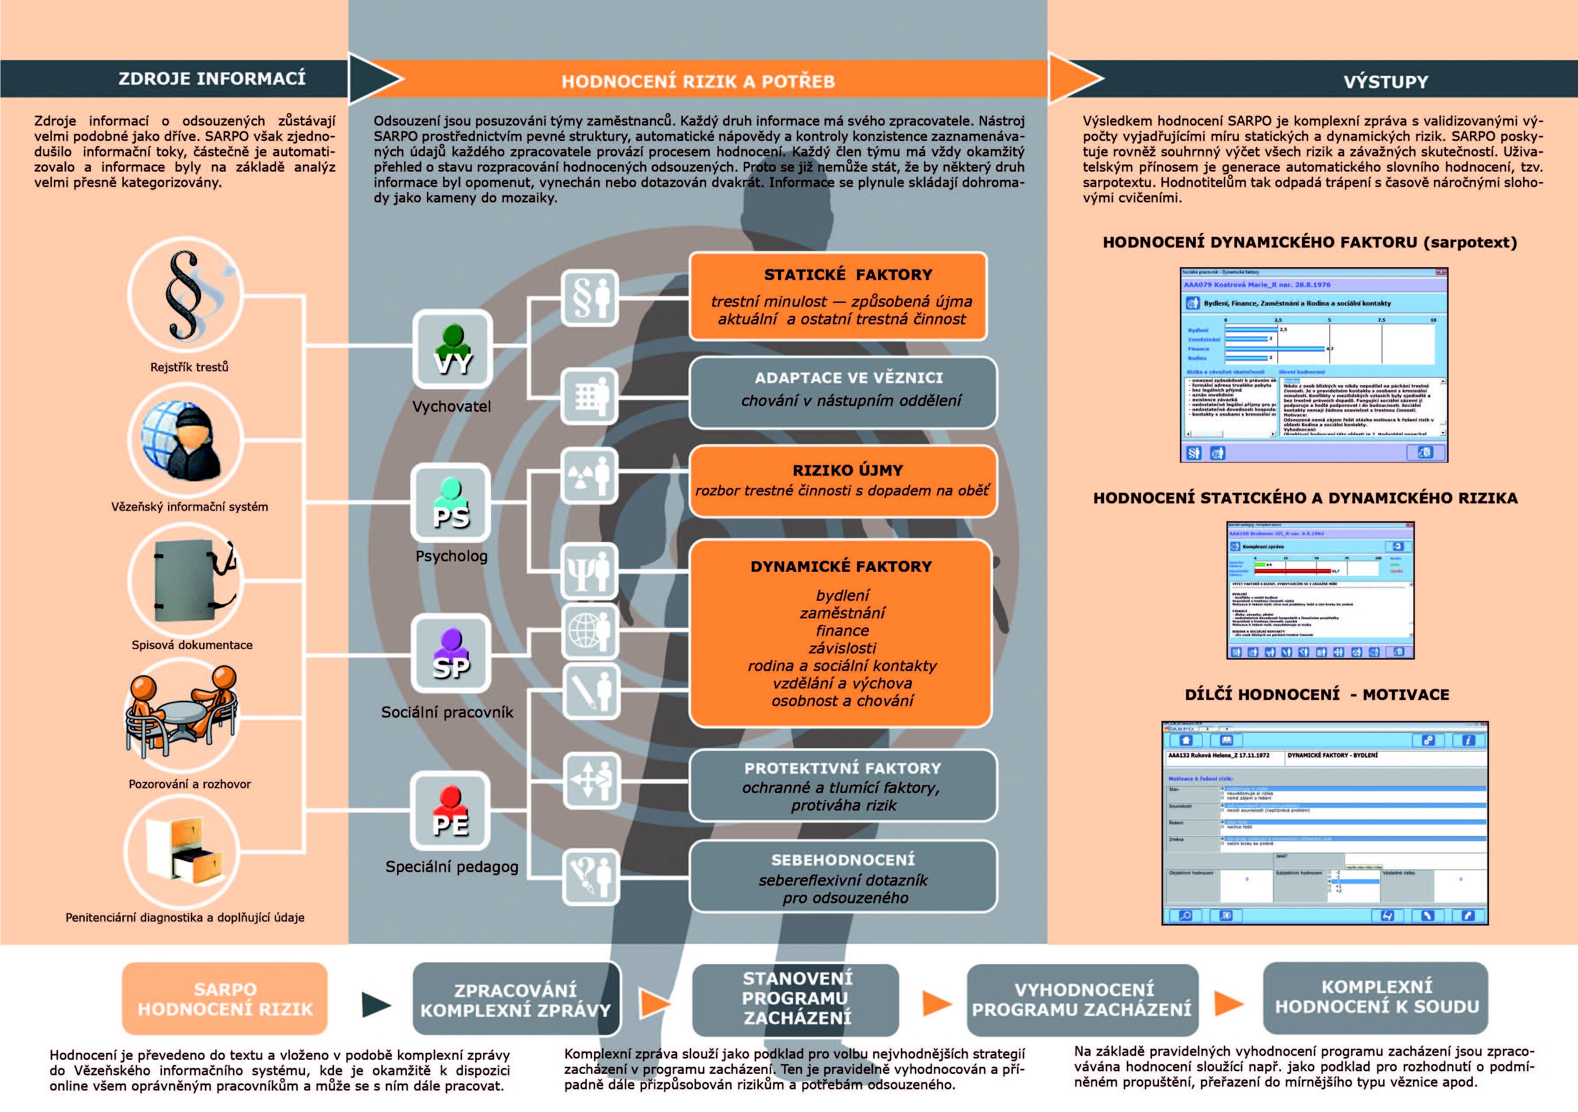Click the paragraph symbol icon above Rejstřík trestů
click(x=186, y=295)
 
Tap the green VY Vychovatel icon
click(x=452, y=349)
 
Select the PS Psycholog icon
click(x=451, y=502)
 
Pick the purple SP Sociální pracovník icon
click(x=451, y=653)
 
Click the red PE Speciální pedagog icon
click(x=450, y=811)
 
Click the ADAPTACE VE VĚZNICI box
click(x=843, y=392)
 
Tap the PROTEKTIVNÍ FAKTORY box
click(x=843, y=786)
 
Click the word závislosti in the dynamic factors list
click(x=843, y=648)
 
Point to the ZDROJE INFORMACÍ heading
click(x=212, y=79)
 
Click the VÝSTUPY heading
click(x=1385, y=82)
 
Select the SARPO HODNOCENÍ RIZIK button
click(x=225, y=999)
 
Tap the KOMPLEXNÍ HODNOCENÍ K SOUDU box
click(x=1376, y=997)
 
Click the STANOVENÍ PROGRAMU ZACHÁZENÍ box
click(x=796, y=999)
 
